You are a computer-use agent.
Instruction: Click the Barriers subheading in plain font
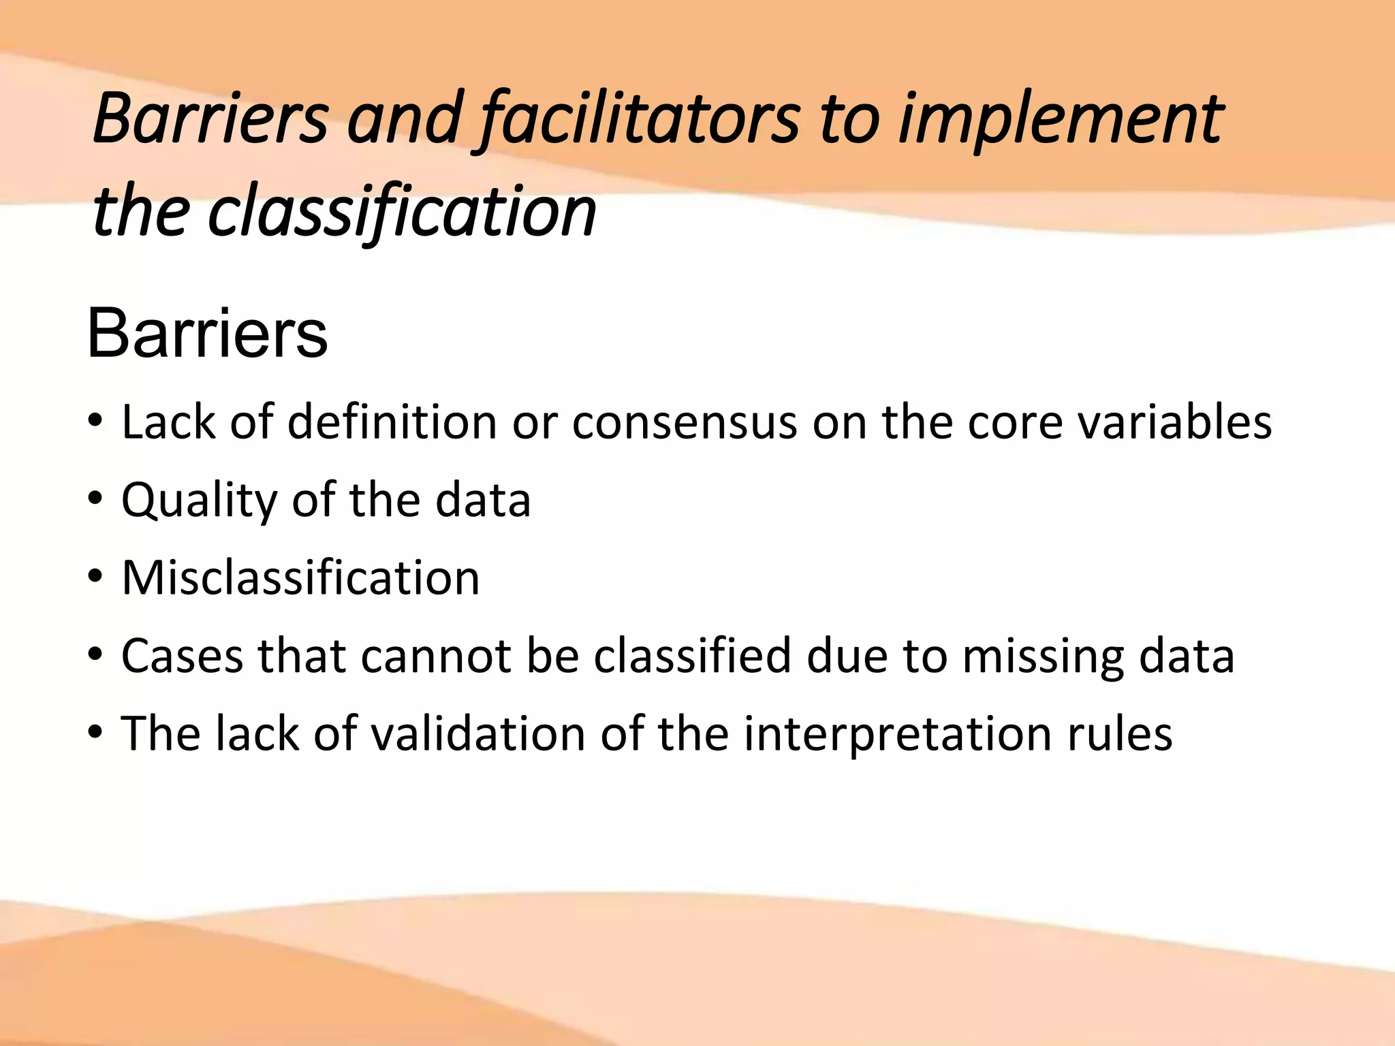(207, 334)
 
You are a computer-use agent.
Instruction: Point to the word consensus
(684, 422)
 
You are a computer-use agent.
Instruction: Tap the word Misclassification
(300, 578)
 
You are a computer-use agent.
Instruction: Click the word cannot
(436, 656)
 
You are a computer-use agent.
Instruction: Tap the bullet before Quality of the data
(95, 498)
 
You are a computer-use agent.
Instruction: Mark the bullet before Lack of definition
(95, 421)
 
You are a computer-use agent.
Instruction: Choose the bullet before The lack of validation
(95, 732)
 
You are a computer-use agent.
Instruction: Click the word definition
(392, 422)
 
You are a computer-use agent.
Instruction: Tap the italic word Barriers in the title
(211, 120)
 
